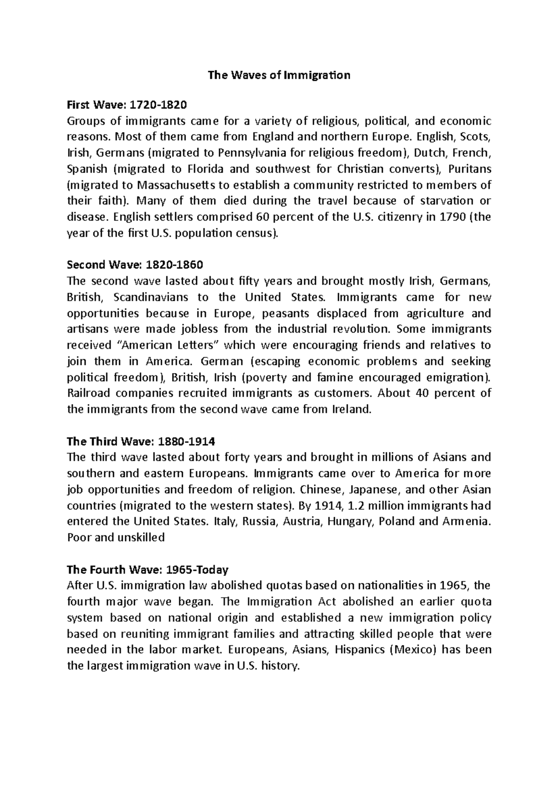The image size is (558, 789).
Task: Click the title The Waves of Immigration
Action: tap(279, 75)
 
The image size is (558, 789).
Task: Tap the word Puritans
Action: tap(472, 169)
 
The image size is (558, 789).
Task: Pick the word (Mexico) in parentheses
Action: tap(412, 650)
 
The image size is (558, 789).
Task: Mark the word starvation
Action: tap(447, 201)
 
